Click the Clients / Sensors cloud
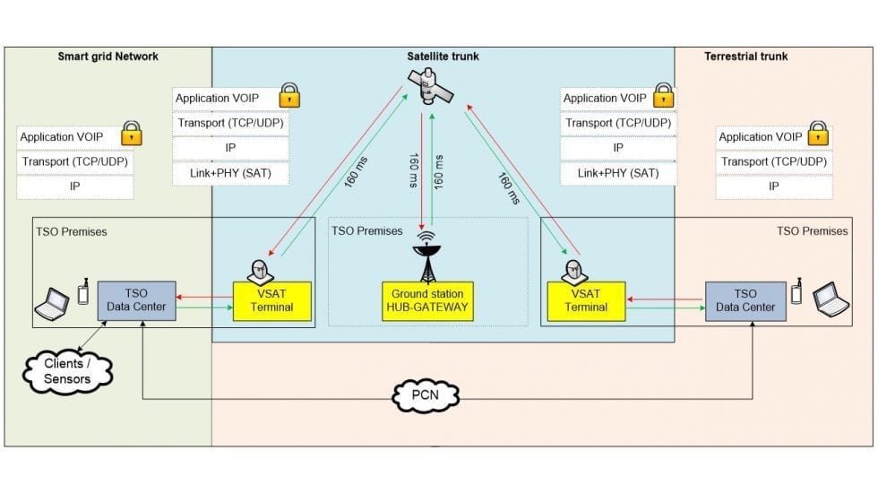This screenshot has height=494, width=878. [x=67, y=371]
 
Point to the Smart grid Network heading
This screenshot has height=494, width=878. [x=108, y=56]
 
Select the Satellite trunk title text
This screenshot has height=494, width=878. [x=443, y=56]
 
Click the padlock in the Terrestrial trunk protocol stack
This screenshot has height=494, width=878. [x=817, y=134]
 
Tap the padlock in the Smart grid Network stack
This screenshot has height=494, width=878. [x=132, y=134]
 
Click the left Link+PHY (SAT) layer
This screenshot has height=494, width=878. [x=231, y=172]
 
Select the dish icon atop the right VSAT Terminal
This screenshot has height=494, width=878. [x=573, y=269]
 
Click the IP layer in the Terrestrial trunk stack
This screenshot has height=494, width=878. [x=773, y=186]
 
